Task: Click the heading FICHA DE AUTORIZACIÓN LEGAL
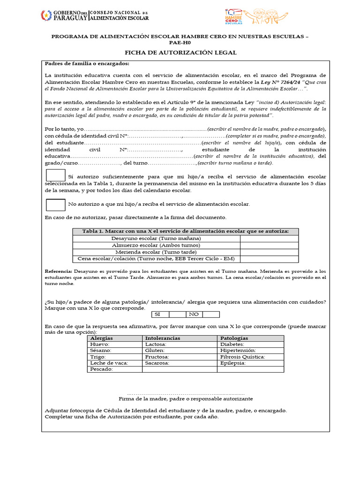(x=180, y=53)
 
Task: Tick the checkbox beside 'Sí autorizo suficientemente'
(x=55, y=175)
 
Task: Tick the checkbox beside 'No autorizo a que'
(x=55, y=205)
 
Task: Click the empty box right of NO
(x=210, y=315)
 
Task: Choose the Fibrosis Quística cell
(x=250, y=357)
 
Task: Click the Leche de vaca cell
(x=114, y=363)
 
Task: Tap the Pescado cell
(x=114, y=369)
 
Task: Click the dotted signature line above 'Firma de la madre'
(x=186, y=393)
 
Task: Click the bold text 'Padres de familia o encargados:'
(x=87, y=64)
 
